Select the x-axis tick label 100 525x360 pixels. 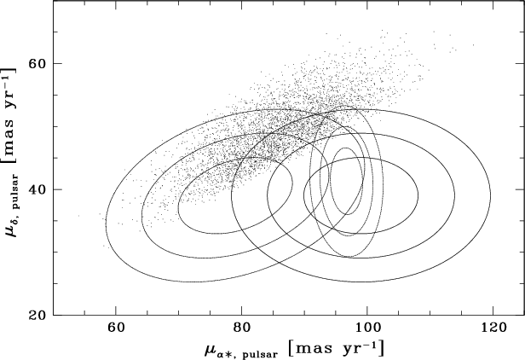tap(367, 328)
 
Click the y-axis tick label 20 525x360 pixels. tap(37, 315)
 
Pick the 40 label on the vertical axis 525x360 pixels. tap(37, 189)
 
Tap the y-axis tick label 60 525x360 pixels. tap(37, 63)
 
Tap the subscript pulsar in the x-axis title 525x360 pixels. tap(255, 351)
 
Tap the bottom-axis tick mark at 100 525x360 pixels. tap(367, 311)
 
